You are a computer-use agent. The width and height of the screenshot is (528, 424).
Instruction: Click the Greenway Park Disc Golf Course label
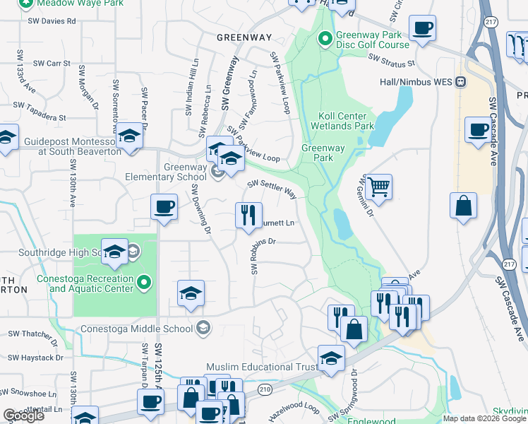pos(372,40)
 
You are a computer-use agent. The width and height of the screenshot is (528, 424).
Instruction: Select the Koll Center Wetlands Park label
pos(333,121)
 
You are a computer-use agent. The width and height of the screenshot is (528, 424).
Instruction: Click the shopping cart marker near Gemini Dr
pos(379,187)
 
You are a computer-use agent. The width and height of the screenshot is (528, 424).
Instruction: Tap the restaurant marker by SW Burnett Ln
pos(248,215)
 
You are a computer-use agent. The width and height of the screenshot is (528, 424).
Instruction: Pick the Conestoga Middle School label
pos(137,329)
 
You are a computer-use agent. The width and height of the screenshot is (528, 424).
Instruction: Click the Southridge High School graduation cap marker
pos(114,252)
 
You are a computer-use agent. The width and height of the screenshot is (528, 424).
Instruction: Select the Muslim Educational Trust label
pos(259,367)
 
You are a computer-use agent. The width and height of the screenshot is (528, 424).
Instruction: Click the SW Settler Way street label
pos(271,188)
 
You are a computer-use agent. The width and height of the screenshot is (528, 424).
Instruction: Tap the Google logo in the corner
pos(23,416)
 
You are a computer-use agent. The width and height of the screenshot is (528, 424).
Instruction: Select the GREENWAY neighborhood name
pos(244,37)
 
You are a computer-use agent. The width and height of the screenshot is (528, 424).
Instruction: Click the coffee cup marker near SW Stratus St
pos(423,29)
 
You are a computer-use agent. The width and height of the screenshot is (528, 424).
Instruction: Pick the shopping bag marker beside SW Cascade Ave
pos(463,206)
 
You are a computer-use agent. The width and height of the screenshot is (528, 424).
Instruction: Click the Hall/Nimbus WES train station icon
pos(461,81)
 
